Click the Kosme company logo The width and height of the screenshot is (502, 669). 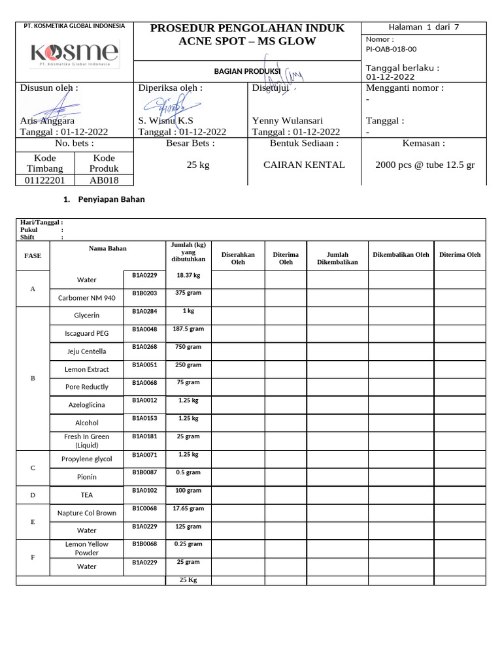point(74,53)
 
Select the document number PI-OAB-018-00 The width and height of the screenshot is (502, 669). point(391,49)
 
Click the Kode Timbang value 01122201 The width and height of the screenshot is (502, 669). point(45,180)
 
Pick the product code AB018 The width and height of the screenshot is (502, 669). point(105,180)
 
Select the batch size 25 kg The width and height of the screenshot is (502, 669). point(198,165)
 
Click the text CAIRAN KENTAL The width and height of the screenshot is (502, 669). point(304,165)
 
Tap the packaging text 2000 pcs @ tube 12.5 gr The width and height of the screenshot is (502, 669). point(425,165)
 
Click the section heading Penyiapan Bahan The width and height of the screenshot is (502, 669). point(110,200)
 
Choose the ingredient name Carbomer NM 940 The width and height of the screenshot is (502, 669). point(87,298)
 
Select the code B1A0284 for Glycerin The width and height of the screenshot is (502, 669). point(144,311)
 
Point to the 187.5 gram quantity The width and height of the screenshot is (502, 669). point(188,329)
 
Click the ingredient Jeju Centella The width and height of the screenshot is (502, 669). point(87,351)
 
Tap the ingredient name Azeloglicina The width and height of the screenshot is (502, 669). point(87,405)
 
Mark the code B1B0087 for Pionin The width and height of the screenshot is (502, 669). point(144,472)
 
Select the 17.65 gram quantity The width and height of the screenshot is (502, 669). point(188,508)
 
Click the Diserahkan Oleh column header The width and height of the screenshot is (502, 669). point(238,258)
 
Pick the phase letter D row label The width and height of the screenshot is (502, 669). point(33,495)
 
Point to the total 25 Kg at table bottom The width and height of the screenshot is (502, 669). point(188,580)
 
